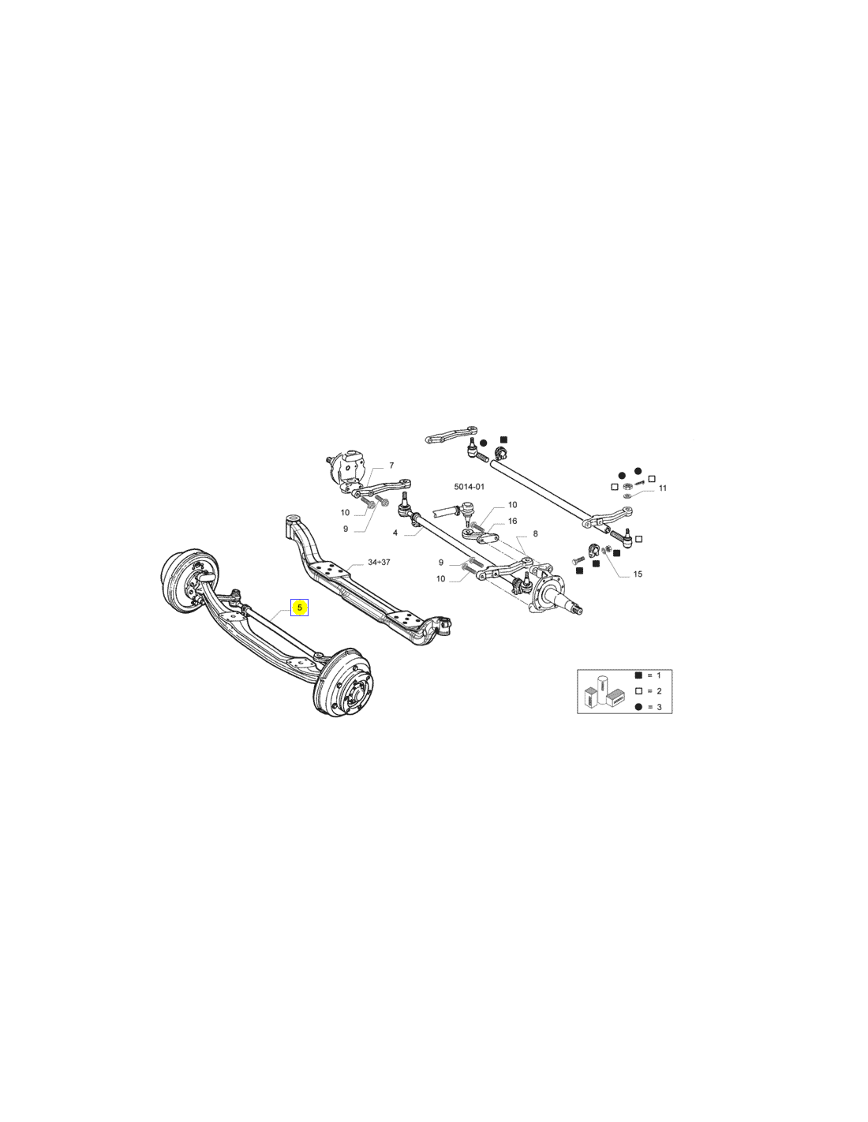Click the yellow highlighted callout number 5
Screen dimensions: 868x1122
(x=299, y=608)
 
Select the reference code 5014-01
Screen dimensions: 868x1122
(x=469, y=486)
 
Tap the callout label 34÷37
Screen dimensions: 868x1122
(x=379, y=562)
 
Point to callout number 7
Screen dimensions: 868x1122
(x=391, y=466)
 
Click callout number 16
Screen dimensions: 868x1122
(x=512, y=521)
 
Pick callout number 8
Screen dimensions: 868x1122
(x=535, y=533)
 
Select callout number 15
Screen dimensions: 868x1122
(x=638, y=574)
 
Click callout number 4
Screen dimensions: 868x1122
(x=395, y=533)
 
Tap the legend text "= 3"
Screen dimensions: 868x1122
(x=653, y=707)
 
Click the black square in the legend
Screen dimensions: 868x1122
(x=638, y=675)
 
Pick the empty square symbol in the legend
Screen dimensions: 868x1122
(x=638, y=691)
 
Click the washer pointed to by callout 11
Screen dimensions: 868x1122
(x=627, y=496)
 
